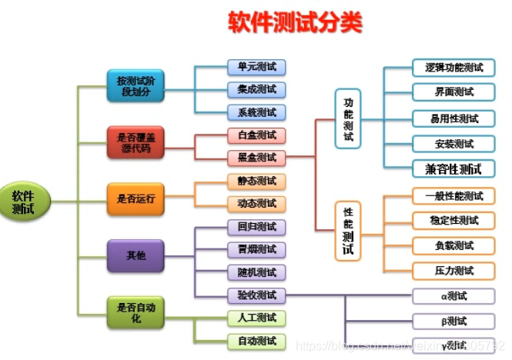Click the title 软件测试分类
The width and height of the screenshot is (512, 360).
[x=294, y=22]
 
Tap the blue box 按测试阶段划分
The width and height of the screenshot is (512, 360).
[x=136, y=86]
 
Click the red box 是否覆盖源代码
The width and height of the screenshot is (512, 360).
[x=136, y=142]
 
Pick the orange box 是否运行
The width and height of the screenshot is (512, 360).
[x=136, y=198]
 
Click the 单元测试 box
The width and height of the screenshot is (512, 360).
[x=256, y=67]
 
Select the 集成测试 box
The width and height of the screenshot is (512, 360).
[x=256, y=89]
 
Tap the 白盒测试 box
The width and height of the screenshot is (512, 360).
[x=256, y=135]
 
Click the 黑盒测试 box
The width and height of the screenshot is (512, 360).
[x=256, y=158]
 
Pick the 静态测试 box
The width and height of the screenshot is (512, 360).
[x=256, y=181]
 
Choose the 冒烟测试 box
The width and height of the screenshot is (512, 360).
[x=256, y=249]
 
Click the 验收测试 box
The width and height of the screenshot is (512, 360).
[x=256, y=295]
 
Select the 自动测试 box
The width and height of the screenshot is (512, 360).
[x=256, y=341]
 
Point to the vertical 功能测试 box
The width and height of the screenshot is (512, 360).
[x=348, y=119]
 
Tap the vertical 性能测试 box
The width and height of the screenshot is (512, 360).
[x=348, y=230]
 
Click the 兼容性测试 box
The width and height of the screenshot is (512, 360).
[x=453, y=168]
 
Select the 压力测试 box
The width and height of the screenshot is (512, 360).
[x=453, y=271]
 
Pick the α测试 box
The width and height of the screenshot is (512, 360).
[x=453, y=296]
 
